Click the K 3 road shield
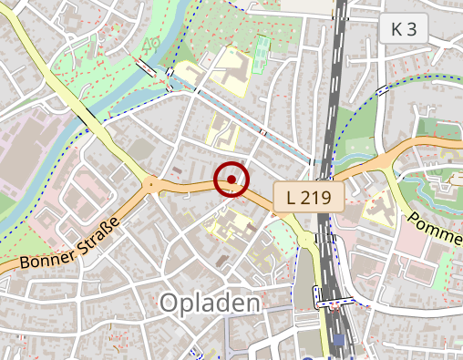(x=403, y=29)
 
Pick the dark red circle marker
(x=232, y=180)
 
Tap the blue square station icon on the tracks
(x=339, y=341)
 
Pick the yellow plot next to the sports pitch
(x=231, y=69)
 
